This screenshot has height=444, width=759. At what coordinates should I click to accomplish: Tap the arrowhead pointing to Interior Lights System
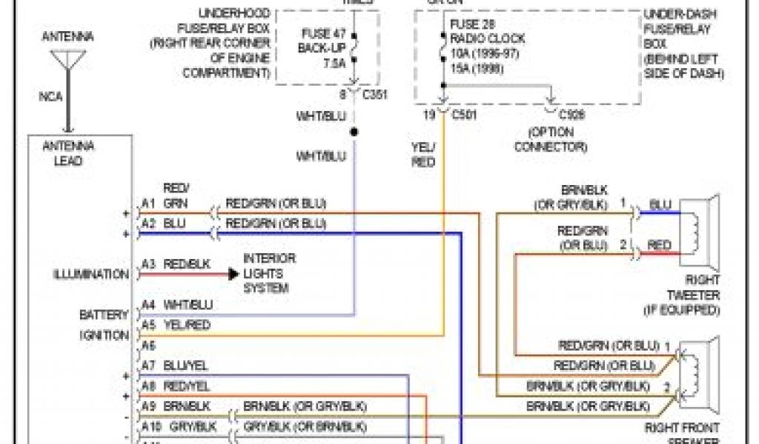tap(233, 274)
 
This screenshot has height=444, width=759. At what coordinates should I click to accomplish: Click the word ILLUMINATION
tap(91, 275)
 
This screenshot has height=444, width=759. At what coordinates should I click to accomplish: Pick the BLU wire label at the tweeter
tap(660, 204)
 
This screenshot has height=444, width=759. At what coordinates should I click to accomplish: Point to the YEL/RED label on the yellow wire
tap(423, 154)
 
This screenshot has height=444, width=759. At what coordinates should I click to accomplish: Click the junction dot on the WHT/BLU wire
tap(354, 132)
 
